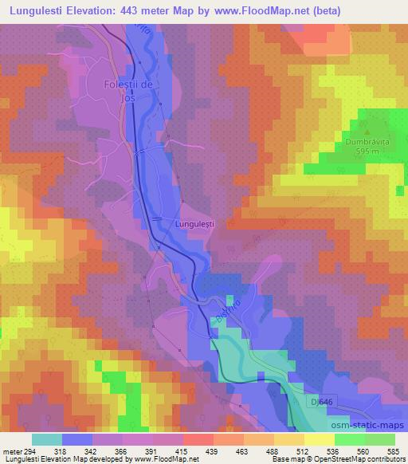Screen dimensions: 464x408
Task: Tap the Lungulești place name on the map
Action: point(196,224)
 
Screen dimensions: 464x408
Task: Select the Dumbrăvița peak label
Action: point(367,143)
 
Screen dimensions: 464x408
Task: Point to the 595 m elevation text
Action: point(367,152)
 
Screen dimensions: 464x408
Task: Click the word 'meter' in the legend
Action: point(13,450)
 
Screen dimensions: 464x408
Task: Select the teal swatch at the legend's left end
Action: point(47,439)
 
